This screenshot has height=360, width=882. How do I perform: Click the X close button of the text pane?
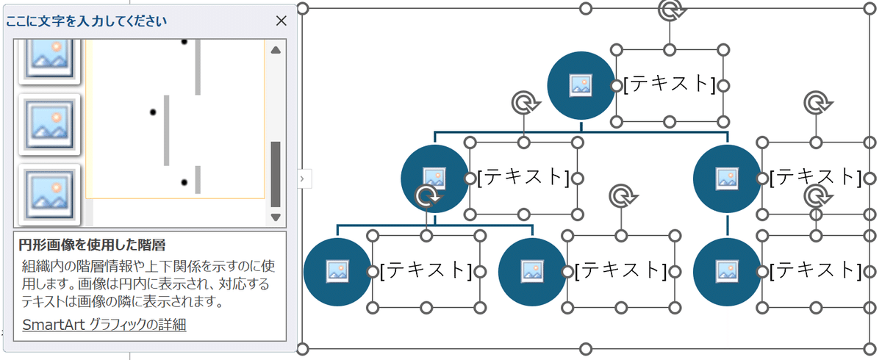click(281, 21)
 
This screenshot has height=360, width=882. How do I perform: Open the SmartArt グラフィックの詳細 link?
click(104, 325)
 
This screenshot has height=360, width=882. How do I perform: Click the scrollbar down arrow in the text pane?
click(276, 217)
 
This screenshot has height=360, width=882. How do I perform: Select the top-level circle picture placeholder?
click(581, 85)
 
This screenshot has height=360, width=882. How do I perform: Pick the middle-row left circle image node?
click(434, 179)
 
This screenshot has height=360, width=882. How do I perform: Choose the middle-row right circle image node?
click(727, 179)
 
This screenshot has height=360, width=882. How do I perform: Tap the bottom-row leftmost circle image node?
click(337, 271)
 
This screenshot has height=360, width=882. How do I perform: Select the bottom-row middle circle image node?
click(532, 271)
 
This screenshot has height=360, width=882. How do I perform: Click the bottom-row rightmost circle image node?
click(727, 271)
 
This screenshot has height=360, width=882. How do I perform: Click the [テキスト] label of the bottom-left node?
click(426, 271)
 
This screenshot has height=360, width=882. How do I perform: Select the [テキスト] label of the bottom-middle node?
click(620, 271)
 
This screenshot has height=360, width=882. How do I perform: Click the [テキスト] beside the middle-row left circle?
click(523, 178)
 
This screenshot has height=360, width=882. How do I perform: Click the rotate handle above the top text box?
click(669, 10)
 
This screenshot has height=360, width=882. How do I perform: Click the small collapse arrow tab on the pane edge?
click(304, 179)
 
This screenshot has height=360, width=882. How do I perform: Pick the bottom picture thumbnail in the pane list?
click(49, 194)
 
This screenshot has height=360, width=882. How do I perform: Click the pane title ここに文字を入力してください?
click(86, 21)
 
